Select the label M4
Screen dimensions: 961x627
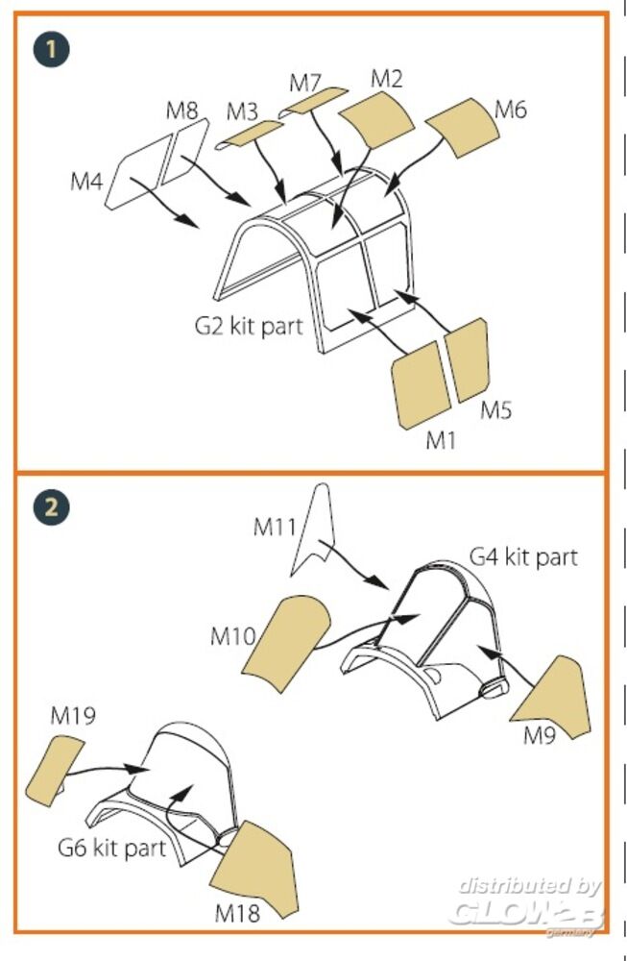[86, 180]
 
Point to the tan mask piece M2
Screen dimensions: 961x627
[377, 117]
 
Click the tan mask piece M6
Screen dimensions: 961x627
[460, 126]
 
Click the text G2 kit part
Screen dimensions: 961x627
[249, 325]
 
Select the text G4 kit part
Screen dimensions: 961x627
[523, 556]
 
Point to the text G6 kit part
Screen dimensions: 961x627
[111, 848]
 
